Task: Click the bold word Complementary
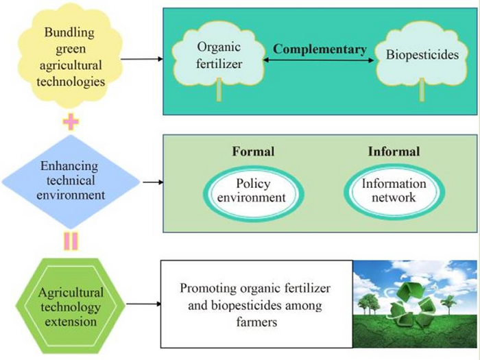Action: coord(320,50)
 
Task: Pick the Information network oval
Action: coord(394,191)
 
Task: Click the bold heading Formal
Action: coord(254,152)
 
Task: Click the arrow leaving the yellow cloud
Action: coord(143,58)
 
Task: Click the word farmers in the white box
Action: coord(255,320)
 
